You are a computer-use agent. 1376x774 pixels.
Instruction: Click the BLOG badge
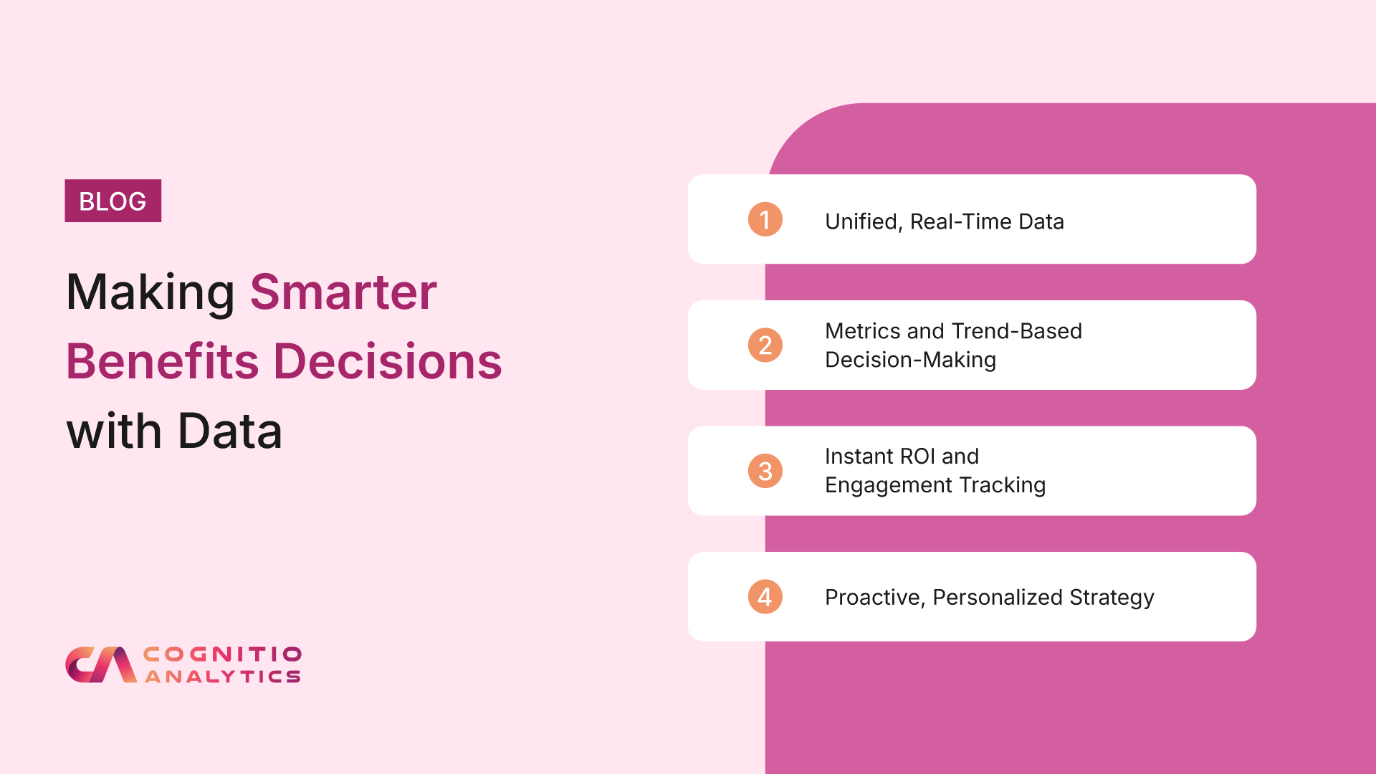pyautogui.click(x=113, y=201)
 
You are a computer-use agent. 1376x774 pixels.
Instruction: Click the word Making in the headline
pyautogui.click(x=150, y=294)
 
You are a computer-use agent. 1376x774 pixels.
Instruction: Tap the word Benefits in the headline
pyautogui.click(x=162, y=360)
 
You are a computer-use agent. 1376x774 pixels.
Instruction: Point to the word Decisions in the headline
pyautogui.click(x=388, y=360)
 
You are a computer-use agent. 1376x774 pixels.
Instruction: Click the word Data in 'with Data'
pyautogui.click(x=229, y=431)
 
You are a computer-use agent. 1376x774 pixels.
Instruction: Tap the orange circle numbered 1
pyautogui.click(x=765, y=219)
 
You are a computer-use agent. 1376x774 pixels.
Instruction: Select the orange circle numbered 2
pyautogui.click(x=765, y=345)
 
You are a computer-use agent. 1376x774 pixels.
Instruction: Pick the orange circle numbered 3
pyautogui.click(x=765, y=471)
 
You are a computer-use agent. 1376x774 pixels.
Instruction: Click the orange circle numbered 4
pyautogui.click(x=765, y=597)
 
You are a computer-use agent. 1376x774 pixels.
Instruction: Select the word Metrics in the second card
pyautogui.click(x=863, y=331)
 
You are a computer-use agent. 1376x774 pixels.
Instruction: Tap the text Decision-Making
pyautogui.click(x=910, y=360)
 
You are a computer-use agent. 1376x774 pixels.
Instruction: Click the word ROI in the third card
pyautogui.click(x=917, y=457)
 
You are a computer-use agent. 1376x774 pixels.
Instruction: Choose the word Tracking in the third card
pyautogui.click(x=1003, y=485)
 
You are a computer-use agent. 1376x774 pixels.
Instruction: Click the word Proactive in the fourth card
pyautogui.click(x=875, y=597)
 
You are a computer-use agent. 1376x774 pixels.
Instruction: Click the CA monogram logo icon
pyautogui.click(x=101, y=665)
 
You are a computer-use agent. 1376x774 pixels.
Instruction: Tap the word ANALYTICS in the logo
pyautogui.click(x=223, y=677)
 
